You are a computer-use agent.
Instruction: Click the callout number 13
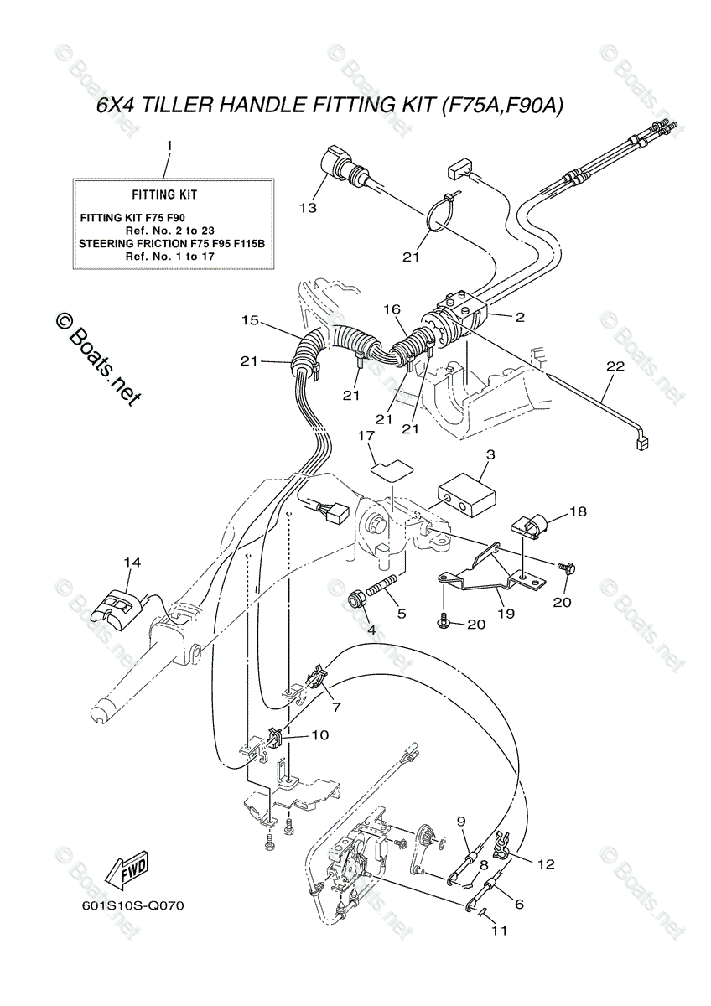coord(309,207)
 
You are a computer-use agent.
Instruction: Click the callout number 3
coord(490,454)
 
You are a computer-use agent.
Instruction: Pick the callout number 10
coord(319,734)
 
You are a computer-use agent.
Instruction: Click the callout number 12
coord(546,863)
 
